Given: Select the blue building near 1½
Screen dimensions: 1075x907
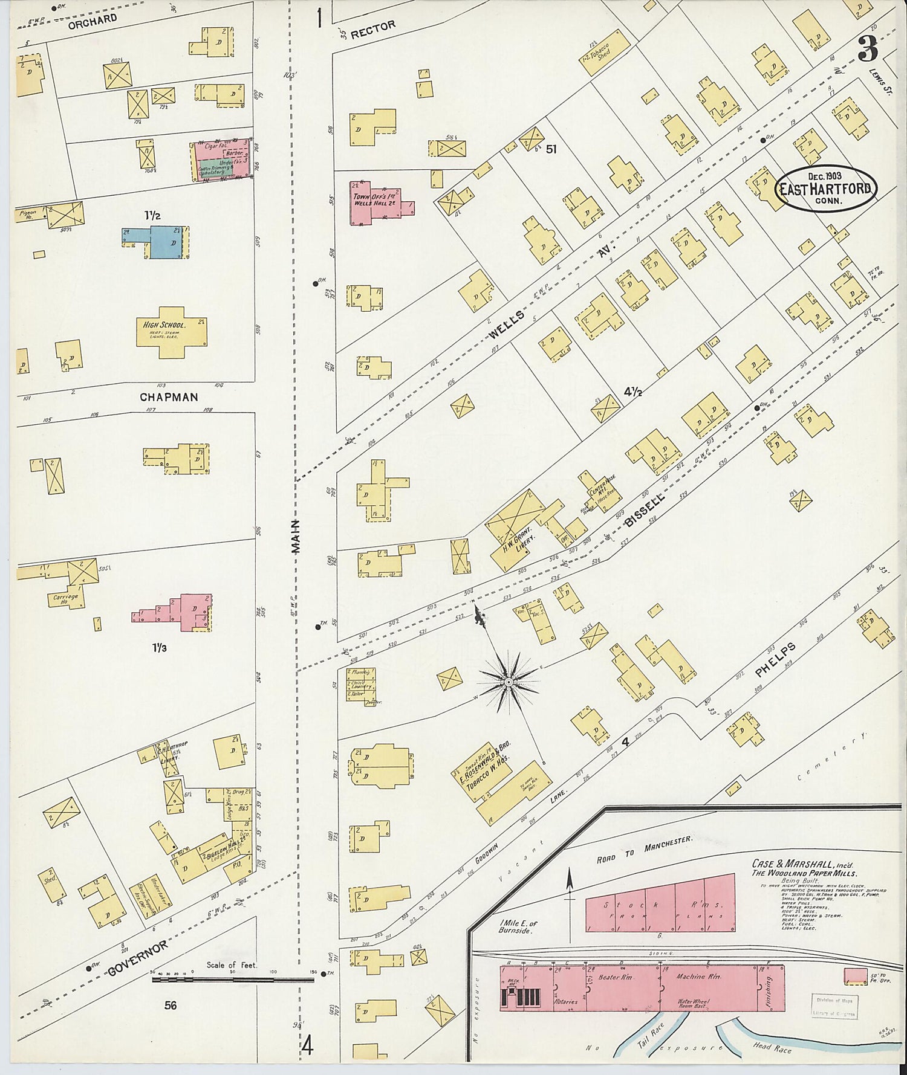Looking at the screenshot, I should (x=163, y=242).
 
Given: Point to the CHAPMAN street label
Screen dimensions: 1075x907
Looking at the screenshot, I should (x=169, y=397).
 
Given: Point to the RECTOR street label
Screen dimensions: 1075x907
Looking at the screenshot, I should (x=373, y=28).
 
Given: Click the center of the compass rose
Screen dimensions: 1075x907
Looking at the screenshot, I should (x=509, y=682).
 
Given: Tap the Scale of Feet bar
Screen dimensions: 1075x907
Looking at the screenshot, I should (x=233, y=978).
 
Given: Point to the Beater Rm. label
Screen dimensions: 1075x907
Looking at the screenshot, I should (x=615, y=977).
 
